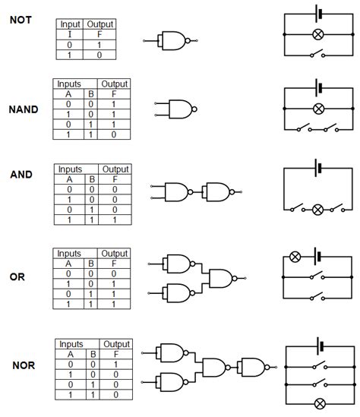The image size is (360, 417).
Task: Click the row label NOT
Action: tap(21, 21)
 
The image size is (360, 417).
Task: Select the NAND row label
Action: tap(24, 109)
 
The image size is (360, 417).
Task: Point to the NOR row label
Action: tap(24, 365)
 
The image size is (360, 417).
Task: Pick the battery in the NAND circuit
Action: tap(318, 87)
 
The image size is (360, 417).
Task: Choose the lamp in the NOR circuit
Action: tap(321, 403)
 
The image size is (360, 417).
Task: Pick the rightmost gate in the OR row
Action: tap(223, 278)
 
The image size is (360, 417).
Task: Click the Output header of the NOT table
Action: tap(100, 24)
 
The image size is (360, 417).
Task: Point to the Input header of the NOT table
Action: tap(71, 24)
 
